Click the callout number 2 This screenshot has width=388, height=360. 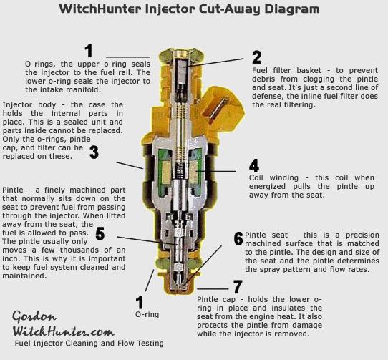tap(256, 58)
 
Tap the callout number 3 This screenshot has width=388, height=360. tap(94, 152)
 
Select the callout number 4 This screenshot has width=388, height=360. tap(253, 166)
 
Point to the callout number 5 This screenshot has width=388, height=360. tap(101, 233)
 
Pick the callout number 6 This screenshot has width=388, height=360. tap(238, 238)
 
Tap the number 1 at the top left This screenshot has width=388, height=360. tap(89, 51)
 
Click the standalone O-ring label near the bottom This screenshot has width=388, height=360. tap(147, 314)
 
